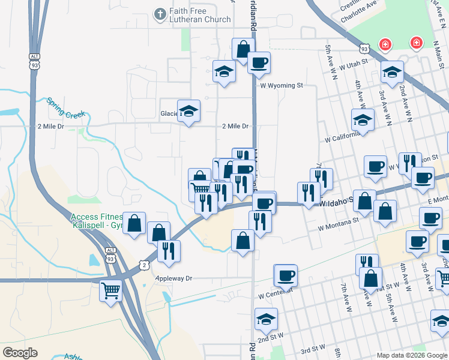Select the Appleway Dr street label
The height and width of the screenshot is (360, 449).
pos(173,278)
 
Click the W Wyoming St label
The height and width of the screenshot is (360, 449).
pos(281,85)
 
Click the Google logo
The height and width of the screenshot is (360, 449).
pos(20,353)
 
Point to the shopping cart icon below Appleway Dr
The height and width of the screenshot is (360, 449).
pos(111,292)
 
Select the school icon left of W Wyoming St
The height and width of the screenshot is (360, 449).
pos(224,72)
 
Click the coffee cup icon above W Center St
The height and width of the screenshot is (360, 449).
pos(286,275)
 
